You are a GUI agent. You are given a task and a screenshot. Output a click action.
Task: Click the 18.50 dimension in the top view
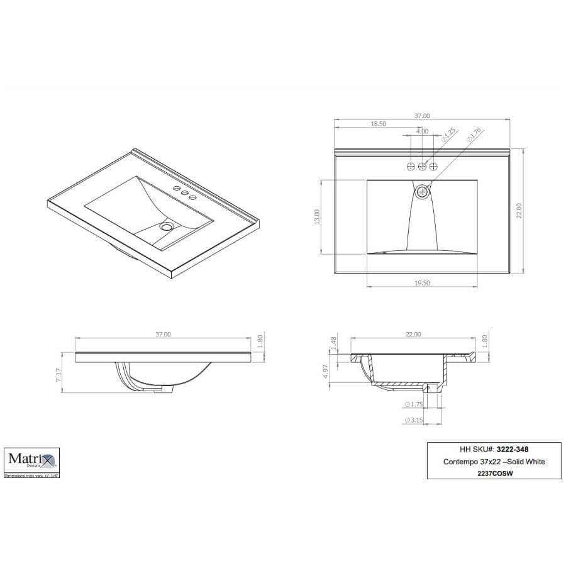[x=378, y=125]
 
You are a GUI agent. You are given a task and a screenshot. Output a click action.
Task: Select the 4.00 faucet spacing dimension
[x=422, y=131]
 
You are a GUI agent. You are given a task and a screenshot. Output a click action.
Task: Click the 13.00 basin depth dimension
[x=317, y=217]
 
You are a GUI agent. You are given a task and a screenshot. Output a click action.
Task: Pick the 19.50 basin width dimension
[x=422, y=284]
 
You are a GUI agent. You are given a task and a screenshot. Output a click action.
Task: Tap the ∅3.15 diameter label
[x=412, y=419]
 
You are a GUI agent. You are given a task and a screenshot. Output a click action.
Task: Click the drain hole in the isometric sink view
[x=167, y=225]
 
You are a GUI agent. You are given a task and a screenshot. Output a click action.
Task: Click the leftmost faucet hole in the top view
[x=411, y=166]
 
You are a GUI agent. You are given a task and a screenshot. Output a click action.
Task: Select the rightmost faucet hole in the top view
[x=433, y=166]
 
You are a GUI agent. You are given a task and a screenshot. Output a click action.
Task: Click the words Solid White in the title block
[x=524, y=462]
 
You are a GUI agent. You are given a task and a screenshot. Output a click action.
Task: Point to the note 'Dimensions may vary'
[x=32, y=476]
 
